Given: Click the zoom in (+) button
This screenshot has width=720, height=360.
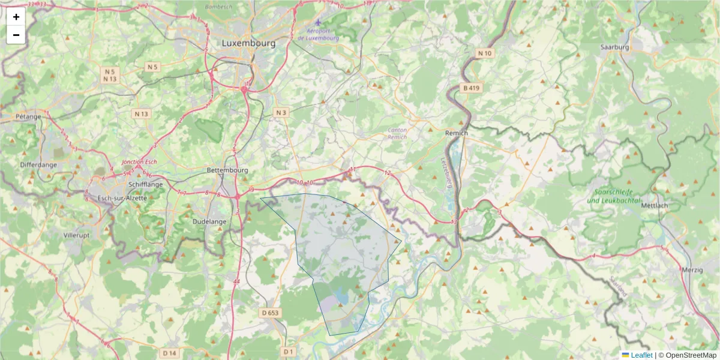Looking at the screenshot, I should pyautogui.click(x=16, y=17).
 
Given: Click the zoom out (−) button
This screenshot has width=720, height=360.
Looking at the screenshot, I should pyautogui.click(x=16, y=35).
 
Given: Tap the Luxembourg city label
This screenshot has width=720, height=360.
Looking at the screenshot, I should pyautogui.click(x=248, y=43).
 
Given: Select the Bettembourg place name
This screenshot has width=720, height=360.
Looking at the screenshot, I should pyautogui.click(x=227, y=170).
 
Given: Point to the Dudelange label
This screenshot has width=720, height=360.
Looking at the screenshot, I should pyautogui.click(x=209, y=221).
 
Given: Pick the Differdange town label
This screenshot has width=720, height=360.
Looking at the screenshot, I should pyautogui.click(x=38, y=164).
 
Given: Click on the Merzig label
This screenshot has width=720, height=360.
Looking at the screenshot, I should pyautogui.click(x=692, y=270).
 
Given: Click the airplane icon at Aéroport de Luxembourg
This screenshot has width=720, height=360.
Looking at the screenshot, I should pyautogui.click(x=318, y=22).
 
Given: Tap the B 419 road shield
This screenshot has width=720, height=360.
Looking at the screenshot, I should pyautogui.click(x=472, y=88).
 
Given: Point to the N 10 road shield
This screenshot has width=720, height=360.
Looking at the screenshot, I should pyautogui.click(x=485, y=53).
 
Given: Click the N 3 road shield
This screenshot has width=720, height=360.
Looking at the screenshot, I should pyautogui.click(x=281, y=112).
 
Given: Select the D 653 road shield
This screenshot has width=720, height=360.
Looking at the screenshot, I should pyautogui.click(x=271, y=313).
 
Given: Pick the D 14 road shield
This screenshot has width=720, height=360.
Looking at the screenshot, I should pyautogui.click(x=169, y=353).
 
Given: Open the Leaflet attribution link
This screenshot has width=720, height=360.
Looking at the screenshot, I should pyautogui.click(x=641, y=355).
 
